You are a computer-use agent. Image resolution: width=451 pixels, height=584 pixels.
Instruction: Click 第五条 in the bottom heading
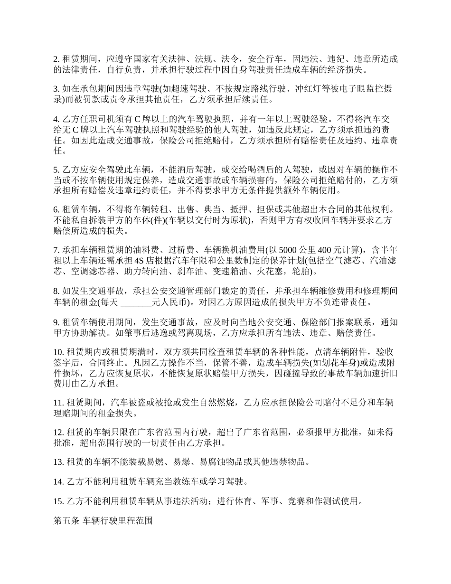click(66, 521)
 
